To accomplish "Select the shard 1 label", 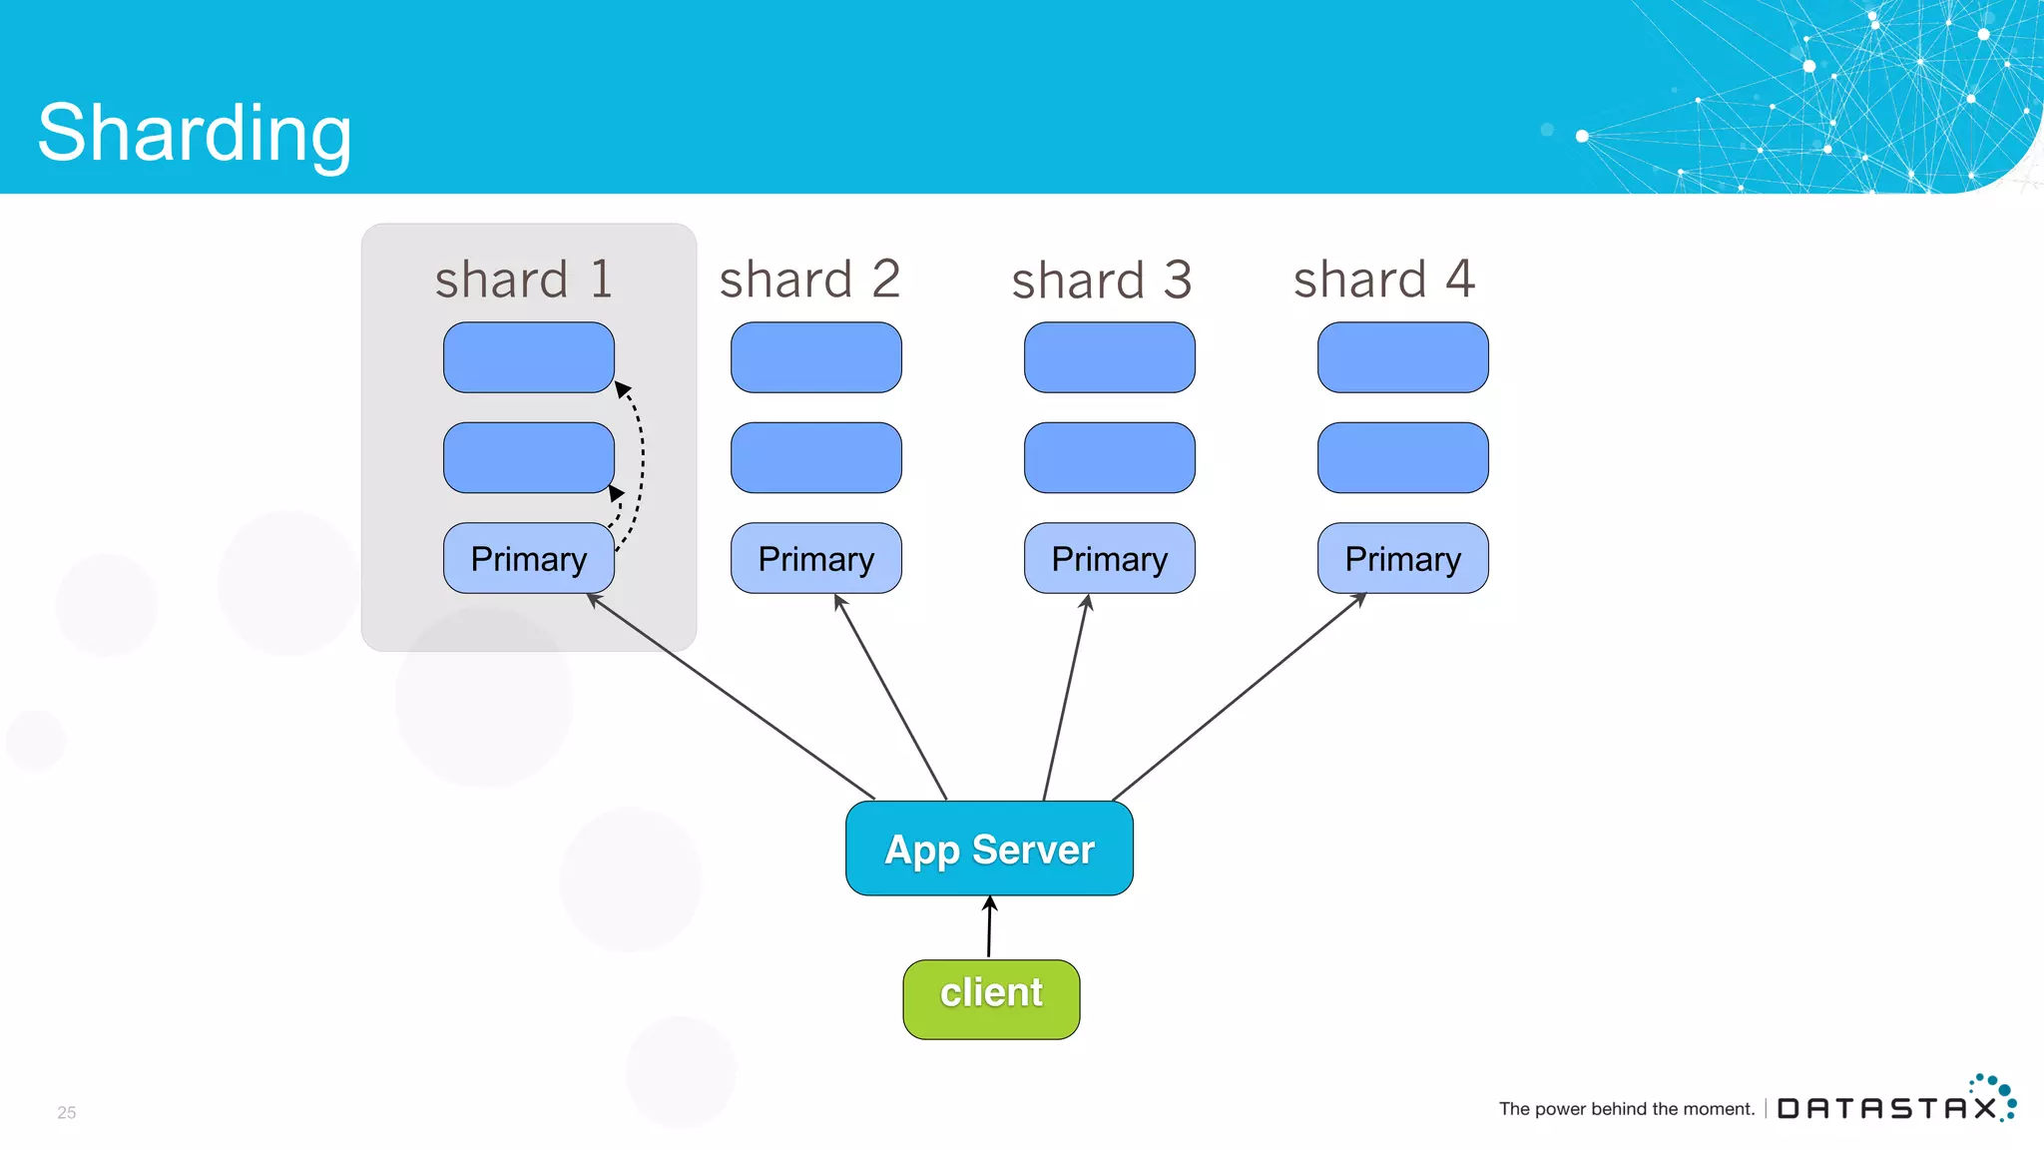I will tap(524, 280).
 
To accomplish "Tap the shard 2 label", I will tap(809, 280).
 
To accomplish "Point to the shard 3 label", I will tap(1102, 280).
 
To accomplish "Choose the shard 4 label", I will tap(1384, 280).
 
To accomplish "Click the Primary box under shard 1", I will tap(528, 558).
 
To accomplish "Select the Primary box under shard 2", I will tap(815, 558).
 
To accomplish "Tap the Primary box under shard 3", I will tap(1109, 558).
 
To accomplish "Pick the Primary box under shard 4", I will tap(1402, 558).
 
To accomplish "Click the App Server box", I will tap(989, 849).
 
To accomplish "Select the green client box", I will tap(991, 999).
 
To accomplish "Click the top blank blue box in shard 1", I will tap(528, 356).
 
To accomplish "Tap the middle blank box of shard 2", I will tap(815, 457).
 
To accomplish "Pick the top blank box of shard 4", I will tap(1402, 356).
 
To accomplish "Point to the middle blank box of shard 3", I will tap(1109, 457).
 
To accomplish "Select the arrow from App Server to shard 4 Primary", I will tap(1238, 698).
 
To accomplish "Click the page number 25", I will tap(67, 1112).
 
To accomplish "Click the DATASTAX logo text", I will tap(1886, 1108).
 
